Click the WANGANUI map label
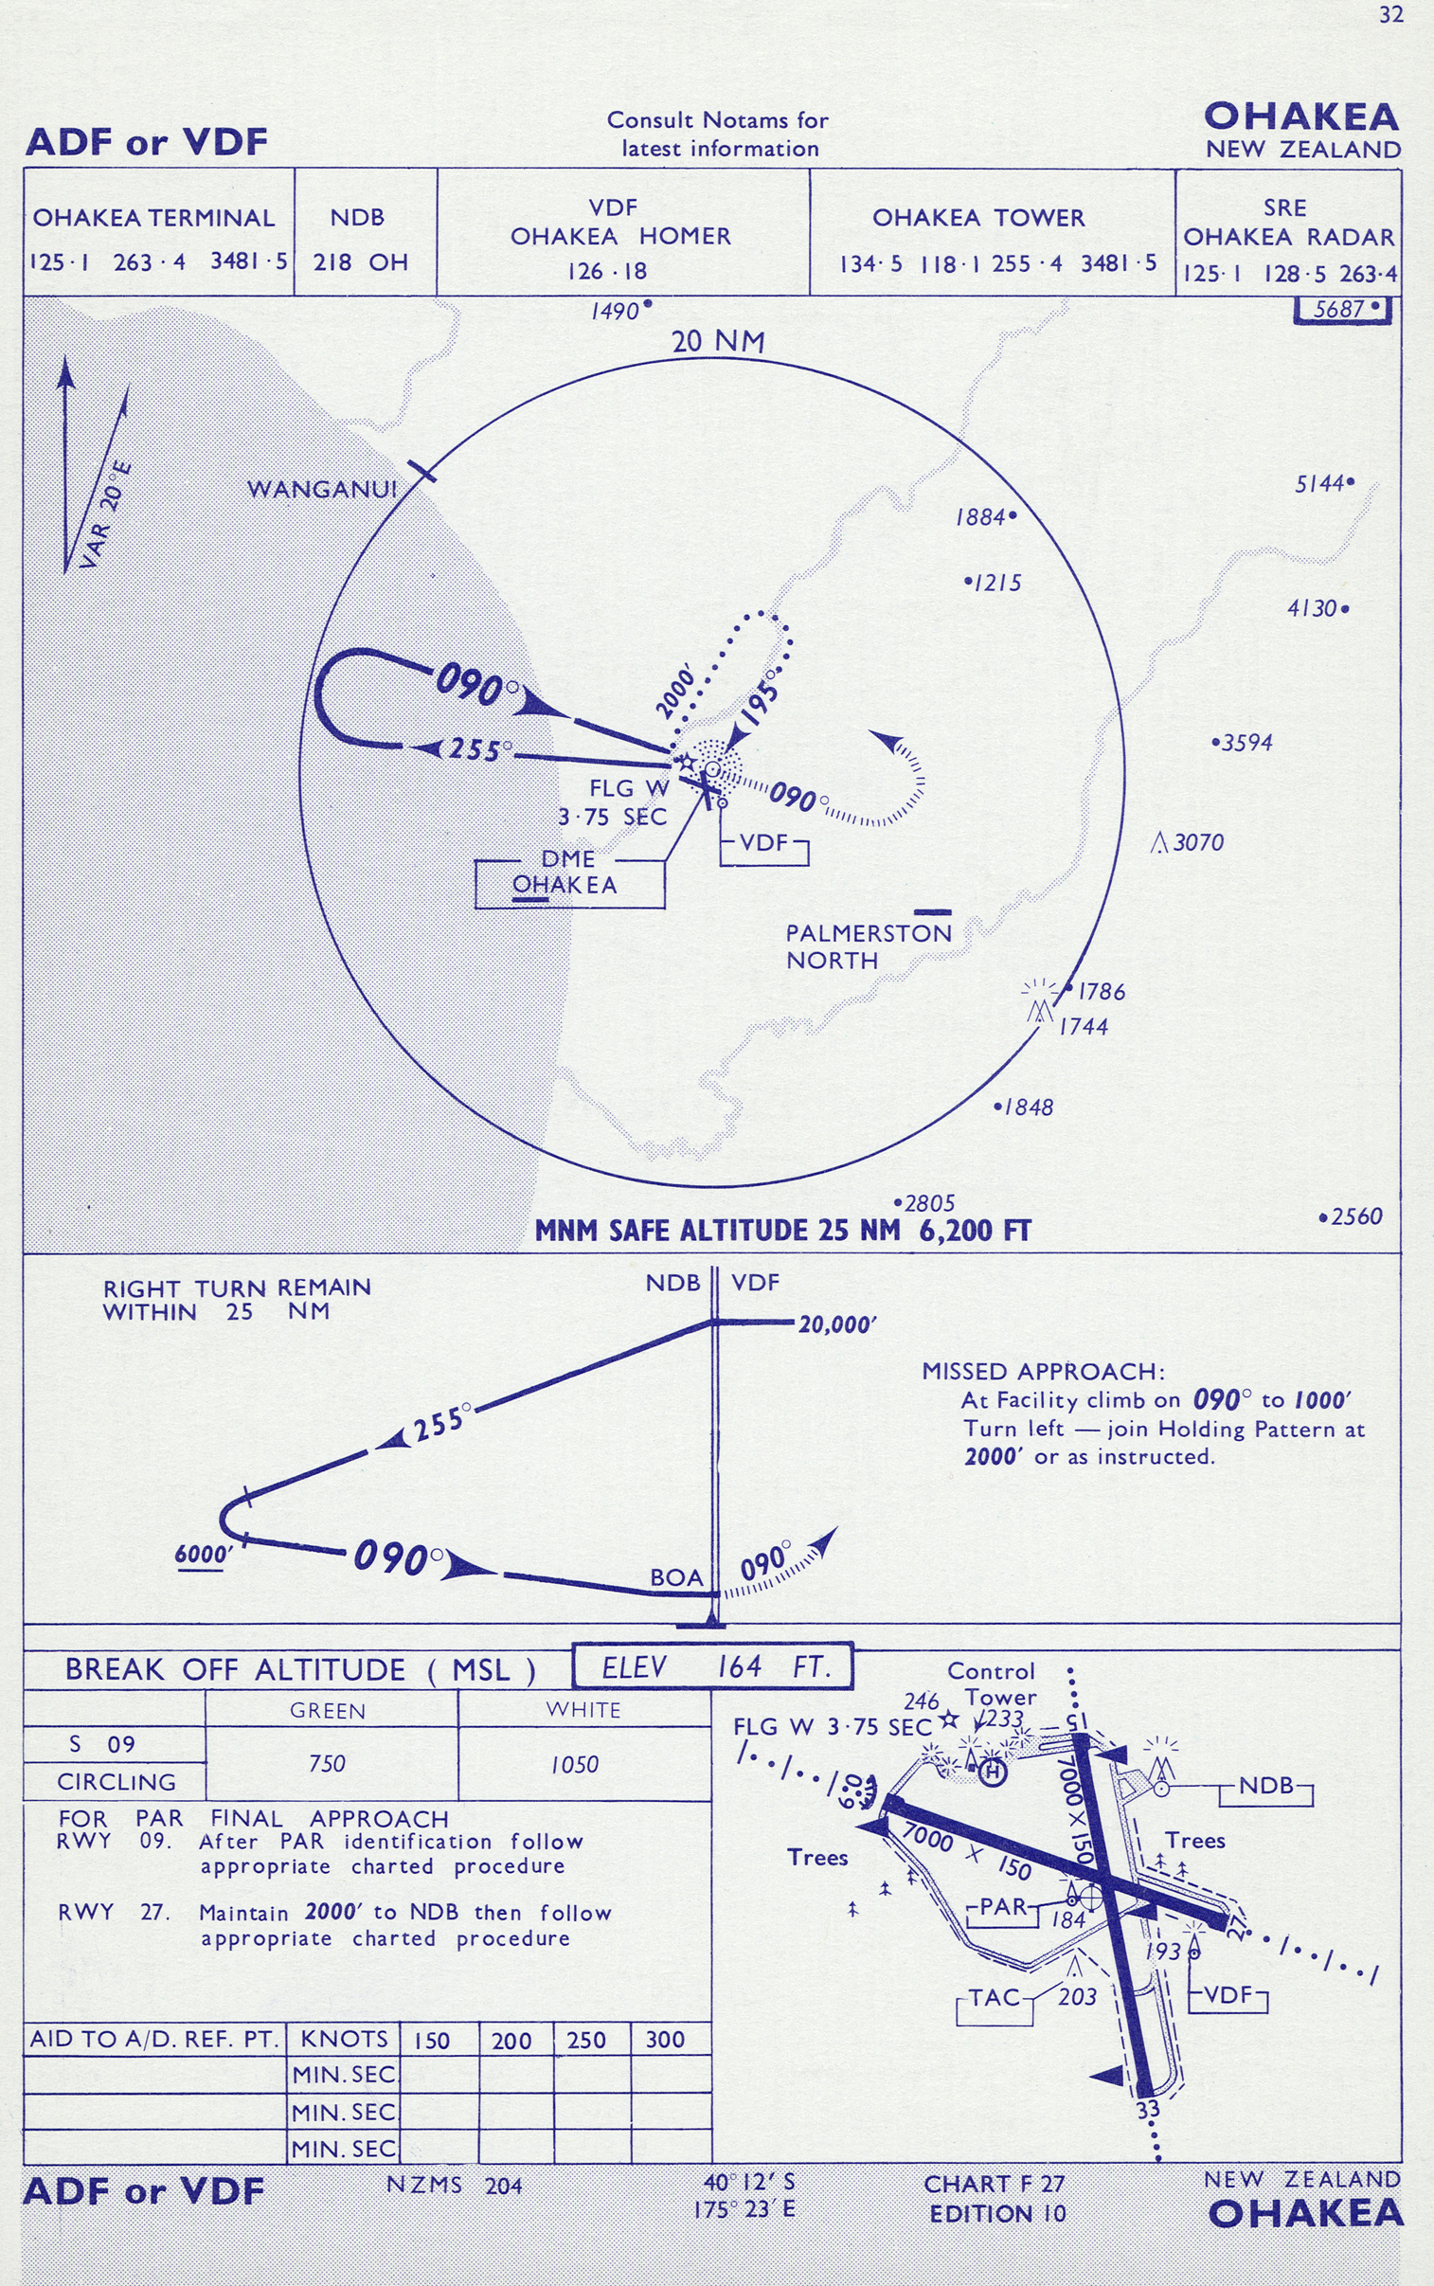[321, 490]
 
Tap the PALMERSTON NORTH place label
[868, 946]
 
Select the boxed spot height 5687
[1342, 309]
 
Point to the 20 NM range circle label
[718, 342]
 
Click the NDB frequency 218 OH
[361, 261]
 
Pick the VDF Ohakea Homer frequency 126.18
[607, 271]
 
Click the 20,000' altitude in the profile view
[836, 1324]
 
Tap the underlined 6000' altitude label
[203, 1554]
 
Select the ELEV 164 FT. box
[713, 1667]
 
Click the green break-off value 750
[327, 1763]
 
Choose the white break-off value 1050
[575, 1764]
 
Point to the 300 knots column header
[665, 2041]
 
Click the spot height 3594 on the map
[1246, 743]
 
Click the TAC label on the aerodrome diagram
[994, 1999]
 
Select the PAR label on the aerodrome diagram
[1003, 1907]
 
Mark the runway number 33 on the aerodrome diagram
[1148, 2110]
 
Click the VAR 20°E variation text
[105, 516]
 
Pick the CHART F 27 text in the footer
[994, 2184]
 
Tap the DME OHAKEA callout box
[568, 873]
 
